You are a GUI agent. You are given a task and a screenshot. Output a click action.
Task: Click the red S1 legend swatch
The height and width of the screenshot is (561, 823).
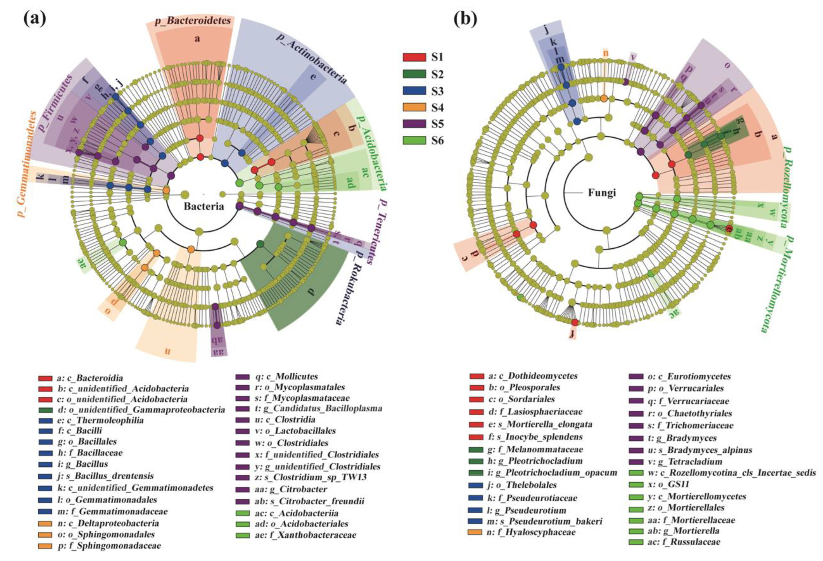414,57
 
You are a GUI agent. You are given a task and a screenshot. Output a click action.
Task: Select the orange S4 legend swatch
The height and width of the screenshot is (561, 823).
414,107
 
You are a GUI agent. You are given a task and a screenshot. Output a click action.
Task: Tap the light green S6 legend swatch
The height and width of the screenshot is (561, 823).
414,140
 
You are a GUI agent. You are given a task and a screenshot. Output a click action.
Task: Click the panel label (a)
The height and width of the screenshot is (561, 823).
35,18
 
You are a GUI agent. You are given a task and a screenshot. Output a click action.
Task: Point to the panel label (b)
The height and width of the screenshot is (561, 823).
465,18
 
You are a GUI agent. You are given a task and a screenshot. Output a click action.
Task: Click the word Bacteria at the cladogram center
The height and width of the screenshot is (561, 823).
204,206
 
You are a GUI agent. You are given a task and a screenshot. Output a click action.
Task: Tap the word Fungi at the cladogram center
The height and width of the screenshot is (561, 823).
602,193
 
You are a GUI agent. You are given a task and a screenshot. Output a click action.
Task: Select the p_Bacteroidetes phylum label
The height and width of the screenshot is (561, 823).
193,21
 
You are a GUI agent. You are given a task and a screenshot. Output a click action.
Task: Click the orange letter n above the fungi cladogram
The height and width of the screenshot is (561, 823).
606,53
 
